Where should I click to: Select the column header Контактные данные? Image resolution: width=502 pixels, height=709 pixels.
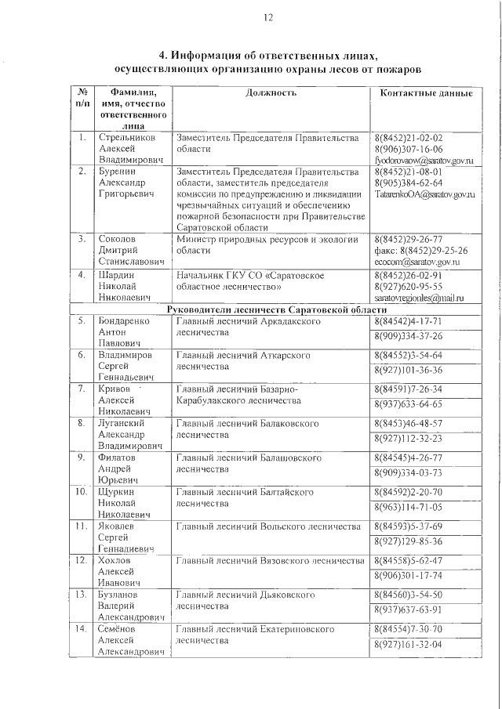(425, 92)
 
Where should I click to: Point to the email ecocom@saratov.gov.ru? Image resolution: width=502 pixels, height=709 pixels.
(417, 262)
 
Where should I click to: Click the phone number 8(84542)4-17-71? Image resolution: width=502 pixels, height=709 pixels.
(409, 321)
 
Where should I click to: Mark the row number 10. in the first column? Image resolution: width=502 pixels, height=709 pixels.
(81, 491)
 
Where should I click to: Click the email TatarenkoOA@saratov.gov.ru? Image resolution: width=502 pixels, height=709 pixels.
(424, 194)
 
